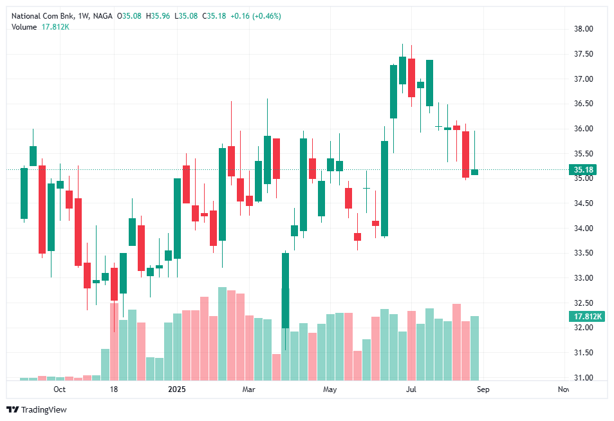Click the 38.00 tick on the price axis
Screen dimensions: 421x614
[583, 29]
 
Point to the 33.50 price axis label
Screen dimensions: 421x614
[583, 253]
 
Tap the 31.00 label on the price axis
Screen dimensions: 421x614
[583, 378]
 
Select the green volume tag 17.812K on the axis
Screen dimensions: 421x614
[585, 317]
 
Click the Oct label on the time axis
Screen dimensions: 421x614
[59, 389]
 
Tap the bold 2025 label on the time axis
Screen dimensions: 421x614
[176, 389]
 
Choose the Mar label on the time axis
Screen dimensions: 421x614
[249, 389]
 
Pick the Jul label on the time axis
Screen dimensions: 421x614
[411, 389]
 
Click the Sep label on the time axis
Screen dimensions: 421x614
[483, 389]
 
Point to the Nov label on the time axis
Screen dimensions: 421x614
[563, 389]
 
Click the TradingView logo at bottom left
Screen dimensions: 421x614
[37, 409]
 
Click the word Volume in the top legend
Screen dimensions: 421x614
[24, 26]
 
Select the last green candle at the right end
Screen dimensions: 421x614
[474, 172]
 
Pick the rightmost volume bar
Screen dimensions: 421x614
[474, 348]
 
